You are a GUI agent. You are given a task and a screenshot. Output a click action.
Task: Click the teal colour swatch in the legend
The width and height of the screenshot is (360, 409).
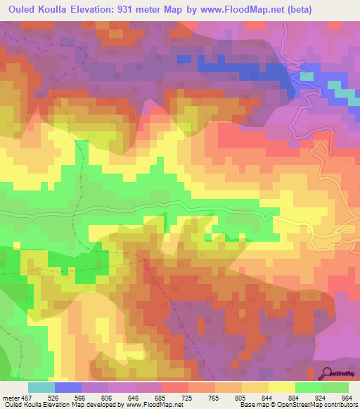(x=41, y=387)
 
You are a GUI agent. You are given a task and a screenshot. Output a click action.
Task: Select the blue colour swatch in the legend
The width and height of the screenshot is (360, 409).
(x=68, y=387)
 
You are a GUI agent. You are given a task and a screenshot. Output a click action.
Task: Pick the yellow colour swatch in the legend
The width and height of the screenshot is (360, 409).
(x=282, y=387)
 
